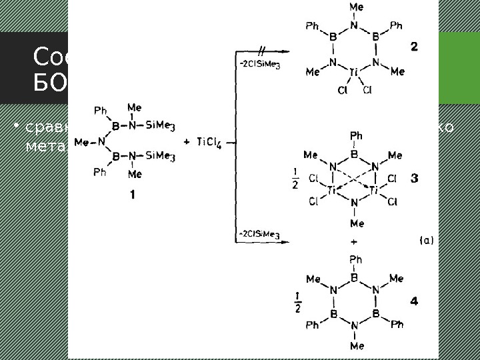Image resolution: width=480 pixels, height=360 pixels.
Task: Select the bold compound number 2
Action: click(414, 47)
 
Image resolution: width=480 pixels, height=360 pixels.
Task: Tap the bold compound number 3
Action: click(415, 179)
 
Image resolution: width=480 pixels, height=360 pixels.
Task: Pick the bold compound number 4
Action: click(414, 302)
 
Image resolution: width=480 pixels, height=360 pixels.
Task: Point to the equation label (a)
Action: click(426, 241)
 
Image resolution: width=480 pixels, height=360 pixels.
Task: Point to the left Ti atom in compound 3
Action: click(332, 191)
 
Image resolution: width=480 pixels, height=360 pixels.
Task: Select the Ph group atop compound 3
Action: click(356, 135)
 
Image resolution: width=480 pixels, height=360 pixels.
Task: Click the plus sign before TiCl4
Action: click(185, 141)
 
